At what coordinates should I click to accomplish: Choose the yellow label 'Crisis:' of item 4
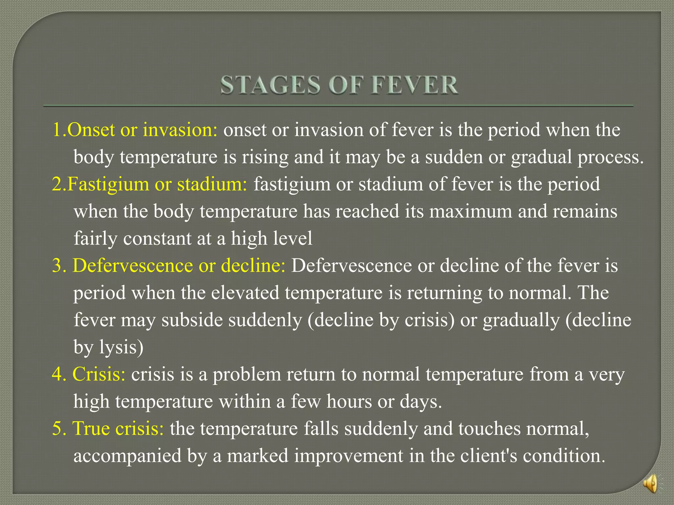pyautogui.click(x=99, y=374)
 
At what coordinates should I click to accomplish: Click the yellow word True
pyautogui.click(x=91, y=428)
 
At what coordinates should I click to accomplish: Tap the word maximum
pyautogui.click(x=471, y=211)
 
